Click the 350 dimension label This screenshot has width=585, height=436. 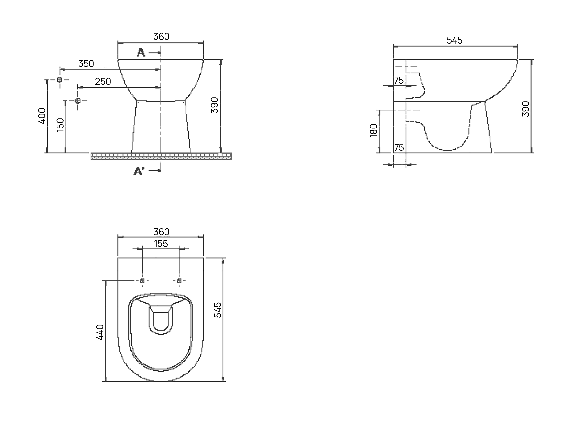point(86,64)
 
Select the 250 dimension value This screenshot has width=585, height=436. point(103,81)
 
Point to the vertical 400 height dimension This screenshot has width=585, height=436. point(42,116)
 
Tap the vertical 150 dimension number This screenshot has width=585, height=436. point(60,125)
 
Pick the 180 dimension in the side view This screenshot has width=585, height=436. point(374,130)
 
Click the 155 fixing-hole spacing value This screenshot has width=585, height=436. point(161,244)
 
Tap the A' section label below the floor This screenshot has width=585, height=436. point(139,171)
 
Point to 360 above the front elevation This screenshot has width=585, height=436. point(161,37)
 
